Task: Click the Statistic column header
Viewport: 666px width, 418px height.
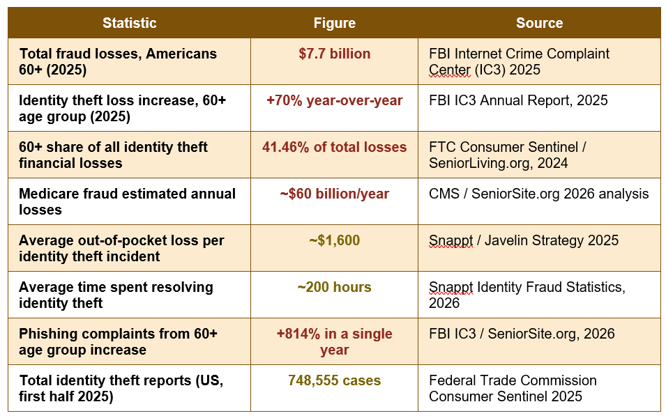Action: coord(130,23)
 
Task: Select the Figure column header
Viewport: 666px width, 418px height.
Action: coord(335,23)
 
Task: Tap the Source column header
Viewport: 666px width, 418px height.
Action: coord(540,23)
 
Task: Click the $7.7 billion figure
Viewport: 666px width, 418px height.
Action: coord(335,54)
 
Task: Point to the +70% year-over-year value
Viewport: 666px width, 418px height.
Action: coord(335,100)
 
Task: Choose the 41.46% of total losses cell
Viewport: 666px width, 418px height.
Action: coord(335,147)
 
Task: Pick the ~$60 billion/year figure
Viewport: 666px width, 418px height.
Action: coord(335,194)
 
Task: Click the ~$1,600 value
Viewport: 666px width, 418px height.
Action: coord(335,240)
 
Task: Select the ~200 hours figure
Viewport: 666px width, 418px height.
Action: coord(335,287)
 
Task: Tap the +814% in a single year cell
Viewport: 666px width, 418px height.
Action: coord(335,341)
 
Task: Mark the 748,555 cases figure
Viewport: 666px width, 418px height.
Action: coord(335,380)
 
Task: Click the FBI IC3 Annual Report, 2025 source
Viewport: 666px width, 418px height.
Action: coord(518,100)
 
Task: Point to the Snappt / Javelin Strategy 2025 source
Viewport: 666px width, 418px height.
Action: coord(524,240)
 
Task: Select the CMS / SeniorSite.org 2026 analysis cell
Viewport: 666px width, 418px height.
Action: coord(538,194)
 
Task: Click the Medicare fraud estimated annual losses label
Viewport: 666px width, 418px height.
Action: coord(127,201)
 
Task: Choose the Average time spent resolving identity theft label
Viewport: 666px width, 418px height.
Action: coord(116,295)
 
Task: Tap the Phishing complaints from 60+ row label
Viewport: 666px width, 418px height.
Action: coord(118,341)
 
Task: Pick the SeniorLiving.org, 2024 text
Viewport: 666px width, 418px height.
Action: coord(498,164)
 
